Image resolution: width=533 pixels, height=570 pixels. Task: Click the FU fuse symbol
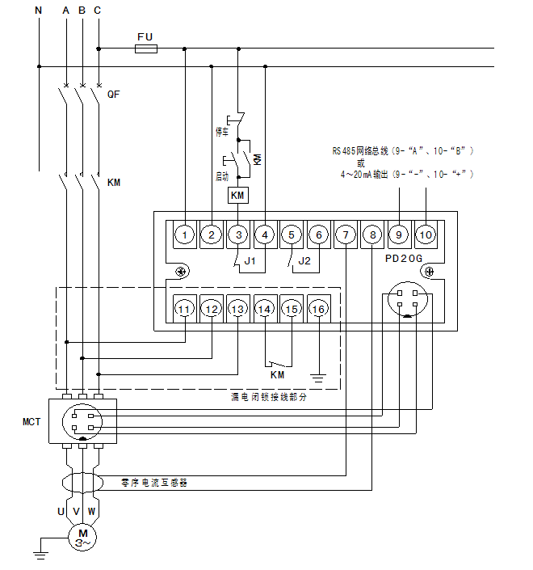point(145,49)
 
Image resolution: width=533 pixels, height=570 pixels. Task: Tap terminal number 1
point(185,235)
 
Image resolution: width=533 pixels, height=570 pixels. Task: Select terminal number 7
point(346,235)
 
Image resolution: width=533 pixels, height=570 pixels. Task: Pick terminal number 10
point(426,235)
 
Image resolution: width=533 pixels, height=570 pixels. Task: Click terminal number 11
point(185,309)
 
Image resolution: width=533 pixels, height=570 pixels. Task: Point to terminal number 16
point(319,309)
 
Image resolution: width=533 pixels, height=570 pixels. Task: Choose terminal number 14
point(265,309)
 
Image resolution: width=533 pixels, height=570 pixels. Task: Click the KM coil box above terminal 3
point(237,196)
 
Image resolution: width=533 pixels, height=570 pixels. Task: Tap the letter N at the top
point(38,11)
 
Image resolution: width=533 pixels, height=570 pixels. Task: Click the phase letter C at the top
point(98,11)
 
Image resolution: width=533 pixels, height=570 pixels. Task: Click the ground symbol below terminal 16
point(319,376)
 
